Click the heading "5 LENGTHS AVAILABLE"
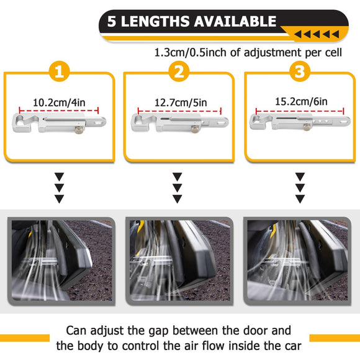(192, 21)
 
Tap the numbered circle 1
(60, 71)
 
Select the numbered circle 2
(179, 71)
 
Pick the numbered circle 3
(300, 71)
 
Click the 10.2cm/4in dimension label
(59, 102)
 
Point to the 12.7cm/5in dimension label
(181, 102)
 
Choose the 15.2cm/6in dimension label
(301, 101)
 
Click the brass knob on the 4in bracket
(79, 130)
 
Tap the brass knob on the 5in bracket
(195, 129)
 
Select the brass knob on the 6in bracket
(307, 127)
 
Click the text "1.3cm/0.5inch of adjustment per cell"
(248, 53)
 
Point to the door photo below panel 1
(61, 261)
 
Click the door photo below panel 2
(179, 261)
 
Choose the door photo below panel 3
(297, 261)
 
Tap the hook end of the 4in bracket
(21, 123)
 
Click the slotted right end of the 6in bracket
(344, 121)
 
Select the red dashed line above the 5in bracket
(179, 111)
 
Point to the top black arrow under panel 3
(300, 177)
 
